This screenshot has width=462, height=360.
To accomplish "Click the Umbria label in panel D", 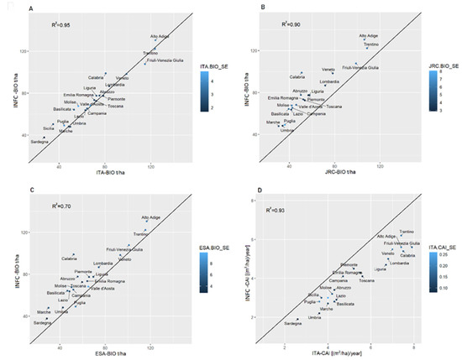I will coord(316,317).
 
